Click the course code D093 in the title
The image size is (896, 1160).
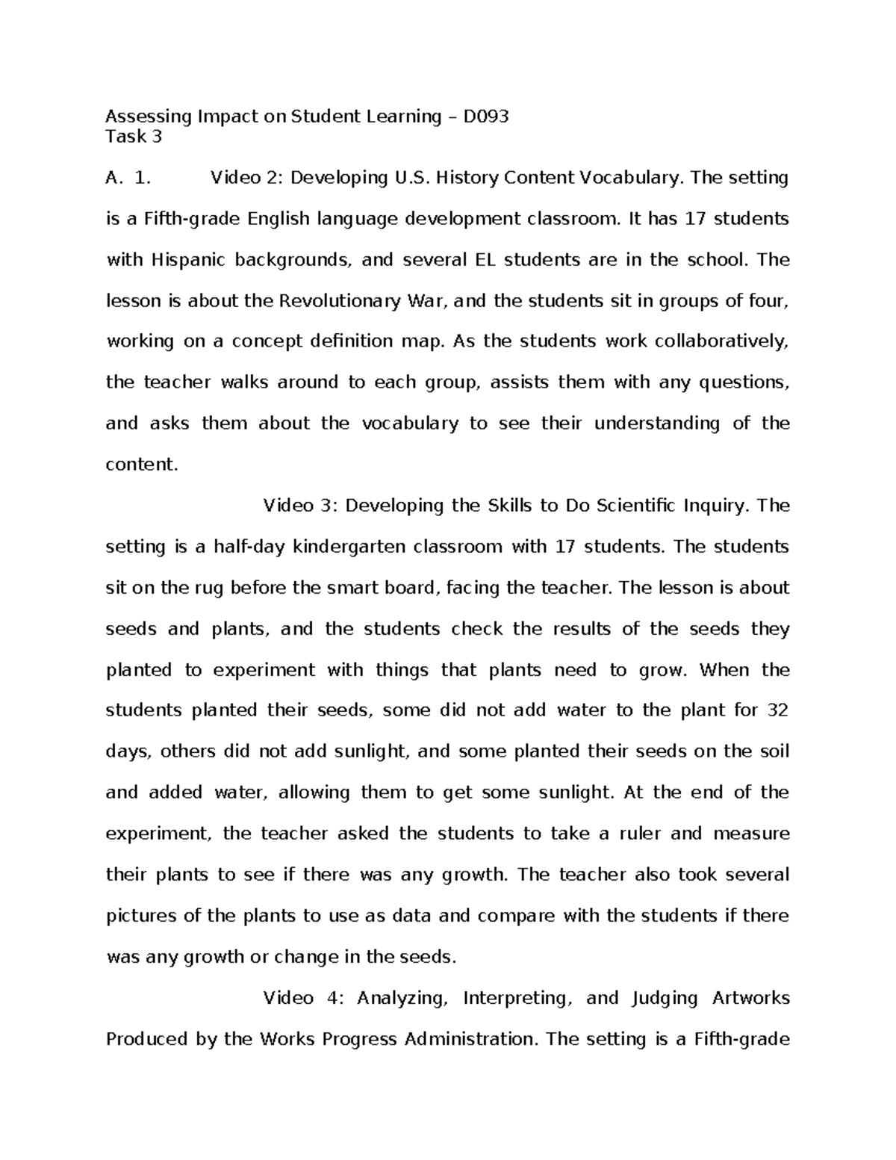(x=486, y=117)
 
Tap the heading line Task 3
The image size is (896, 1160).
(x=134, y=137)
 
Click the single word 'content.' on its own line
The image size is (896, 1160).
(x=142, y=465)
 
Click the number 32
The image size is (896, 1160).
(x=777, y=710)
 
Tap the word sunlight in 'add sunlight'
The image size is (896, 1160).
(x=364, y=751)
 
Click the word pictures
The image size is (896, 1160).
(x=142, y=916)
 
